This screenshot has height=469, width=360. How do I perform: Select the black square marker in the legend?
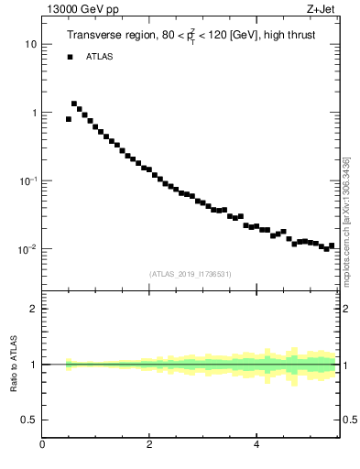tap(70, 57)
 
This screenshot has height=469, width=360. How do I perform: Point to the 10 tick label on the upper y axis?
tap(30, 44)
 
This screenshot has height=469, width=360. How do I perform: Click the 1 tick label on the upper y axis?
tap(33, 113)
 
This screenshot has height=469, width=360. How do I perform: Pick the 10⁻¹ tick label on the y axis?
tap(27, 180)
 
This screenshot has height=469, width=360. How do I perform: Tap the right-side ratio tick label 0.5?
tap(349, 420)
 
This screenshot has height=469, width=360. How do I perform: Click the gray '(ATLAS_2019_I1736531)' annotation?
tap(191, 274)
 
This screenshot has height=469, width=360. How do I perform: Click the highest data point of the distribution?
tap(74, 104)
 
